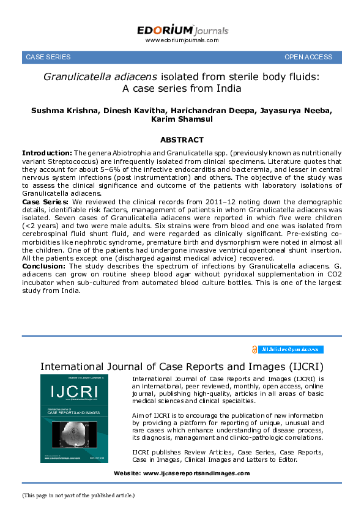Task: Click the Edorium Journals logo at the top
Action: (182, 30)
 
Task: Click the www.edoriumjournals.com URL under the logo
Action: (182, 40)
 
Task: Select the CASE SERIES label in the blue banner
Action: (48, 57)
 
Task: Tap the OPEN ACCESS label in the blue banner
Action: (308, 57)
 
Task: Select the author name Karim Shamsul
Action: (182, 120)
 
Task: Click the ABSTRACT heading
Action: (182, 140)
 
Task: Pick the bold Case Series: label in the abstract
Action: (45, 200)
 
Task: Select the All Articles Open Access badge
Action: (290, 349)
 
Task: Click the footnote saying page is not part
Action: (78, 495)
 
